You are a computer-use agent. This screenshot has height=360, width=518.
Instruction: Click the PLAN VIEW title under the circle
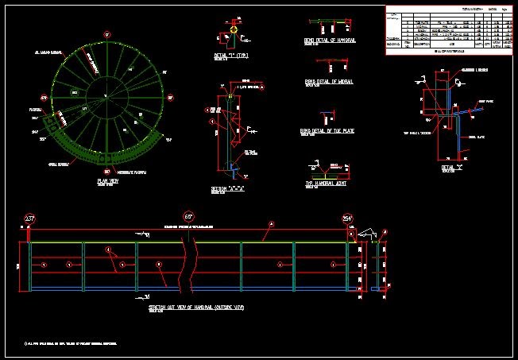pos(107,181)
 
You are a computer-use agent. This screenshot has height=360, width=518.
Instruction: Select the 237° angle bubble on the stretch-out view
pos(30,219)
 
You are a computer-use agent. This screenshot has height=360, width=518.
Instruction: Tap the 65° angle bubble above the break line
pos(188,216)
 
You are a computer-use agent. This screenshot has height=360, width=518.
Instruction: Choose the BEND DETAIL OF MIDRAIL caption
pos(329,81)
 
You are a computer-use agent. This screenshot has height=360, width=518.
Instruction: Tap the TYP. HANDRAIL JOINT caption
pos(329,184)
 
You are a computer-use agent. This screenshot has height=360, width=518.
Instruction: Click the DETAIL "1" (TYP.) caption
pos(232,56)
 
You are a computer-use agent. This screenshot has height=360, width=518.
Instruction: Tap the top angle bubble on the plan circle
pos(107,34)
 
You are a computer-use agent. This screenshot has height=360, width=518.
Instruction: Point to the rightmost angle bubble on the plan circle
pos(170,98)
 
